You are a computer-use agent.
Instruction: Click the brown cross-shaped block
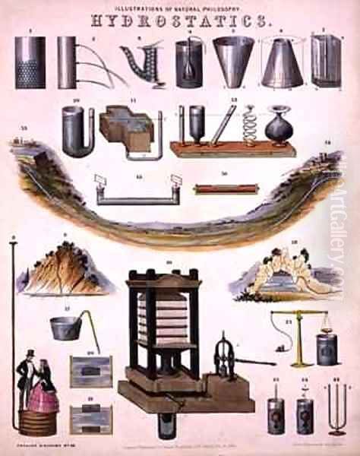pyautogui.click(x=127, y=124)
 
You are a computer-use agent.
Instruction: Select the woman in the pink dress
pyautogui.click(x=44, y=391)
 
